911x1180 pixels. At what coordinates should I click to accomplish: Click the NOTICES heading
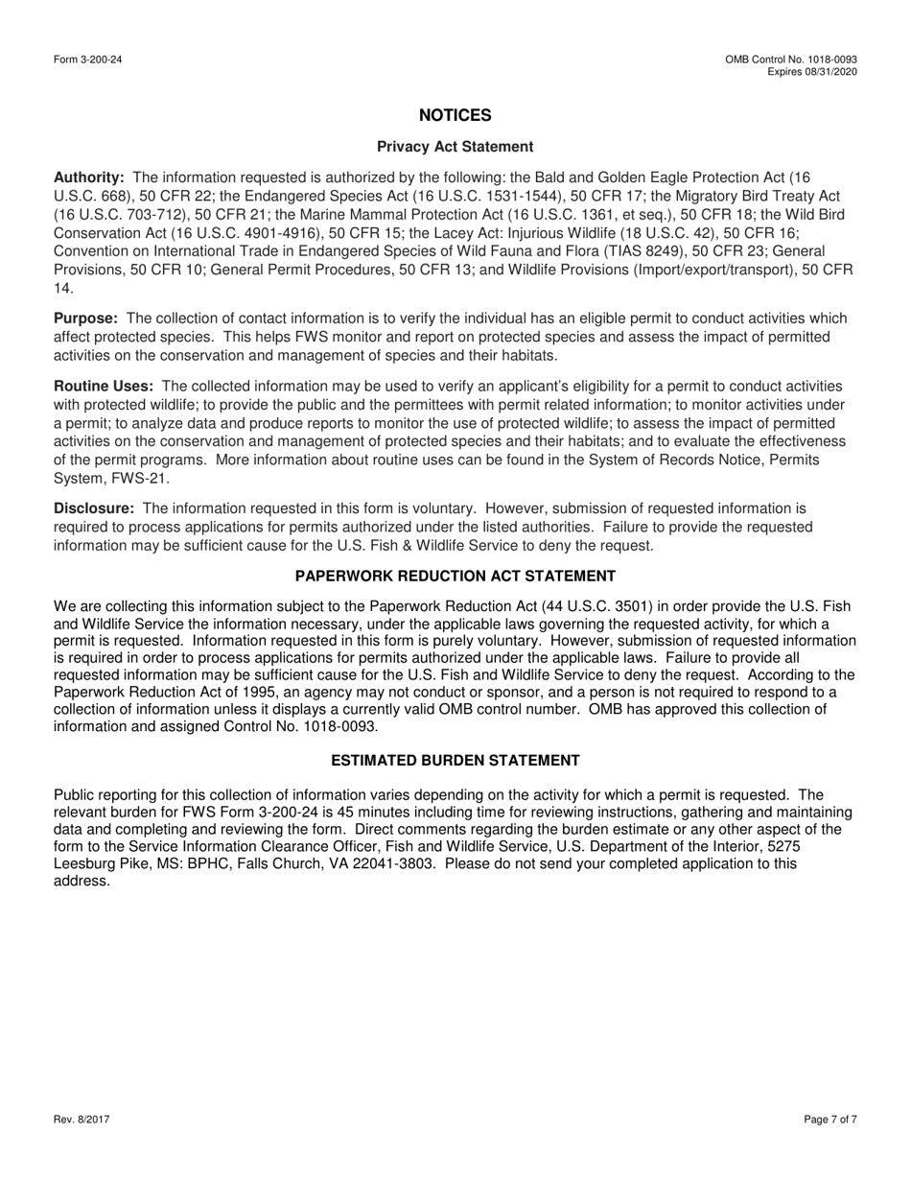[x=455, y=115]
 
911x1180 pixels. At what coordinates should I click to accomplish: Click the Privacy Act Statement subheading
[x=455, y=147]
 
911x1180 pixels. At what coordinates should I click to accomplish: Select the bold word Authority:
[x=89, y=177]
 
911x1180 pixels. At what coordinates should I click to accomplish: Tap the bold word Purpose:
[x=86, y=318]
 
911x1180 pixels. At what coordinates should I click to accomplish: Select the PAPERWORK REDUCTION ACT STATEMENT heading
[x=455, y=576]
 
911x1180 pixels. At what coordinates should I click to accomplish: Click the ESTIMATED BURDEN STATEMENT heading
[x=455, y=761]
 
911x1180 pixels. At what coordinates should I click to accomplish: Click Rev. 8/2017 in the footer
[x=82, y=1120]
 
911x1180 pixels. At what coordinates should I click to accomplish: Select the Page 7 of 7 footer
[x=830, y=1120]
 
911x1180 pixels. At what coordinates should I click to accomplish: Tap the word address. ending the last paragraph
[x=82, y=881]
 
